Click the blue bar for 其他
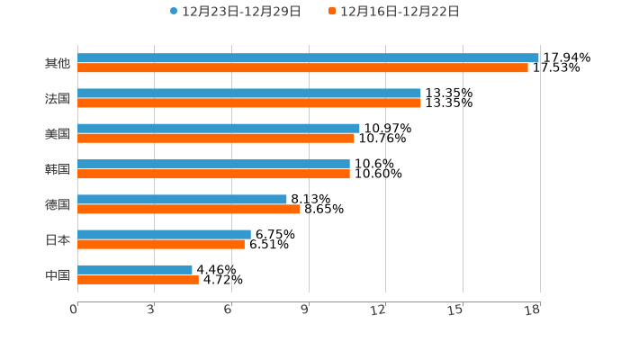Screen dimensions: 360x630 point(308,58)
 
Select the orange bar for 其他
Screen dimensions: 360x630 point(302,67)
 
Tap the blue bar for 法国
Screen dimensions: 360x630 point(249,93)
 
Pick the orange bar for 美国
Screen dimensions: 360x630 point(216,139)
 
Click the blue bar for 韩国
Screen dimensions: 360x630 point(213,164)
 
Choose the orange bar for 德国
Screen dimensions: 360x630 point(189,209)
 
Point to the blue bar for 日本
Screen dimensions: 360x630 point(164,234)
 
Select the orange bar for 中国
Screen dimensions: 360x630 point(138,279)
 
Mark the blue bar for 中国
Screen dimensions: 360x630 point(135,269)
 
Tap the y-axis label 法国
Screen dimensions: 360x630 point(58,98)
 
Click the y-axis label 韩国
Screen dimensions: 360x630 point(58,169)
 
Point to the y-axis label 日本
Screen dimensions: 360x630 point(58,239)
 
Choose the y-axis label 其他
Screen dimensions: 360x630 point(58,63)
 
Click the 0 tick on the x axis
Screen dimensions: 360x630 point(75,310)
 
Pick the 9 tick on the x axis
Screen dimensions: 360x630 point(305,310)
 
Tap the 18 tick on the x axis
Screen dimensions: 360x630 point(533,310)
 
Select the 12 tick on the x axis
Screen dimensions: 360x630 point(379,310)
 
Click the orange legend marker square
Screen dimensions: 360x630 point(332,12)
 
